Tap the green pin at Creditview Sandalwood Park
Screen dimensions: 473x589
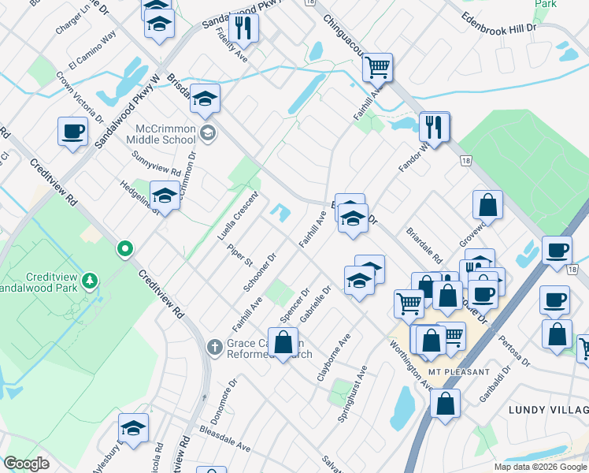[124, 250]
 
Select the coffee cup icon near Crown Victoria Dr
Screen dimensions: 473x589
[72, 132]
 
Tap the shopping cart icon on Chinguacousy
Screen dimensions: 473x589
[378, 68]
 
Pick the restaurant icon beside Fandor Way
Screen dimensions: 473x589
[434, 127]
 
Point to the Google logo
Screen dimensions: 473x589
[27, 464]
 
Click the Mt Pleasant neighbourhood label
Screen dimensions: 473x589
[459, 371]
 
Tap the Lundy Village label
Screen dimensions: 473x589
[548, 410]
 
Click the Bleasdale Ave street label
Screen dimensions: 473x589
[225, 441]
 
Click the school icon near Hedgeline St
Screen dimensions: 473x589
[165, 195]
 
